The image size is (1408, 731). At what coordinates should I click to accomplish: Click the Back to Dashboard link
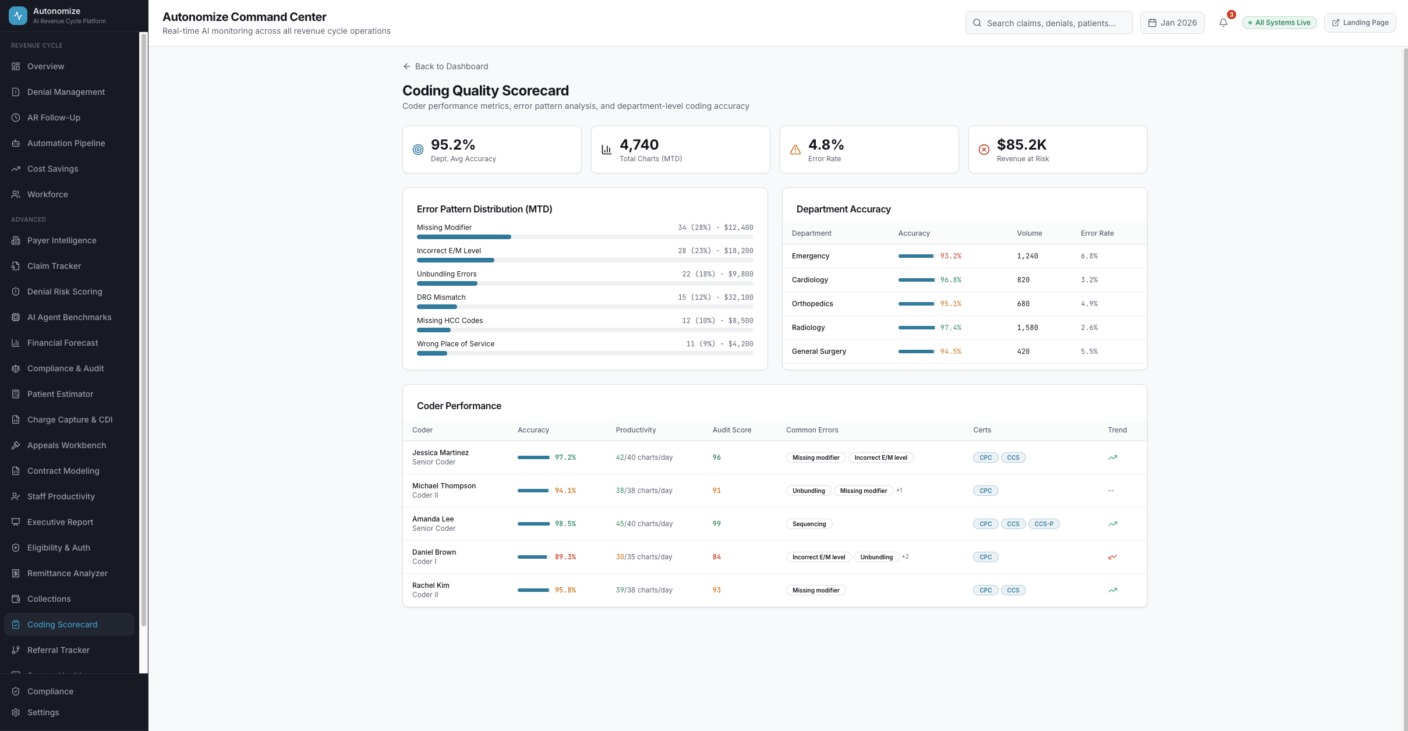(x=445, y=66)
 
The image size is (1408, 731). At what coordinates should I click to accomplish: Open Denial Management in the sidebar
(x=66, y=92)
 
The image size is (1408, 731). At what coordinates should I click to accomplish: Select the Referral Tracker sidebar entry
(x=58, y=650)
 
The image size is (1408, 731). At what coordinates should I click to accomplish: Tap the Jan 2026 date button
(x=1172, y=23)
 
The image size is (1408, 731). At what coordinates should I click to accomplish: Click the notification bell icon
(x=1223, y=23)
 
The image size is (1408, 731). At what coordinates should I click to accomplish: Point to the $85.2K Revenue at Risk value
(x=1021, y=144)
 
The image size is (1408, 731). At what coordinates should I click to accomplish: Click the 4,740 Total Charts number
(x=639, y=144)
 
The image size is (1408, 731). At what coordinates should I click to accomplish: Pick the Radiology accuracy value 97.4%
(x=950, y=328)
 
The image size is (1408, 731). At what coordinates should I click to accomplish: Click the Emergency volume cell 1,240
(x=1027, y=256)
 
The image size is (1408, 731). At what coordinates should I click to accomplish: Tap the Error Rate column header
(x=1097, y=233)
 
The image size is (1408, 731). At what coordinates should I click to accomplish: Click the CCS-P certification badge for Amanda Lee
(x=1043, y=524)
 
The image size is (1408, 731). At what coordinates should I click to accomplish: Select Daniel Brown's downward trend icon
(x=1112, y=557)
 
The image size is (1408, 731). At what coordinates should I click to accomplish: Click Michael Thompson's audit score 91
(x=716, y=491)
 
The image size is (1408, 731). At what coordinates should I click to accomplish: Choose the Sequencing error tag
(x=809, y=524)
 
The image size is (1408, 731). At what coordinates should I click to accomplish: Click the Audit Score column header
(x=731, y=430)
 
